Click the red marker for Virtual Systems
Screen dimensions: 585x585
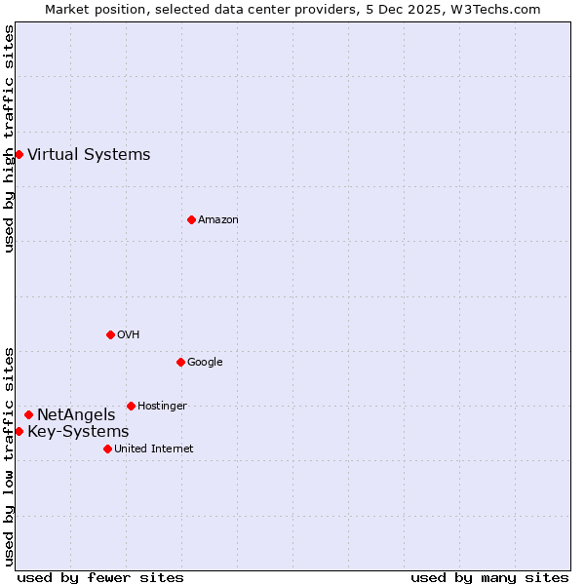[x=19, y=154]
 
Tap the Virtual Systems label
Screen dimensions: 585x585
[x=89, y=154]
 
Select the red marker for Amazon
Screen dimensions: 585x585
[x=191, y=219]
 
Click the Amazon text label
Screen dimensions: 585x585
[x=218, y=220]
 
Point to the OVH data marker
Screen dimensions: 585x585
[x=110, y=334]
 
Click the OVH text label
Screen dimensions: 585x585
[x=129, y=335]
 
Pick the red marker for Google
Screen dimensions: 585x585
[x=180, y=362]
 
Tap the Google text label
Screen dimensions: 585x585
[x=205, y=363]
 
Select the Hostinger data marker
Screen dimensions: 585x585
[x=131, y=406]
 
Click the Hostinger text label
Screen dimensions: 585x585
[x=162, y=406]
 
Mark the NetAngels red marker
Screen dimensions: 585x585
[x=28, y=414]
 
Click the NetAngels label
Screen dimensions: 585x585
[x=76, y=415]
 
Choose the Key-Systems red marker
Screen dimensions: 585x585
[x=19, y=431]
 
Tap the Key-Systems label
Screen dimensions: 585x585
[x=78, y=432]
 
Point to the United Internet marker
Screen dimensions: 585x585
[x=107, y=448]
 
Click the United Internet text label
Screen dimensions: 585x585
[x=154, y=449]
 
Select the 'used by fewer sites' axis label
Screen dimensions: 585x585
[x=100, y=577]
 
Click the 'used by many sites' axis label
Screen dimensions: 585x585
[x=489, y=577]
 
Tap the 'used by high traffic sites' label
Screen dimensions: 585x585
[x=9, y=138]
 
